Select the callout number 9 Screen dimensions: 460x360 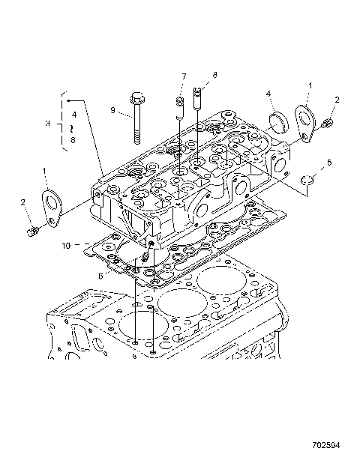114,110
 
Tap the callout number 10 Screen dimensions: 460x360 66,245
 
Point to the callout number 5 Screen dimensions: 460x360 328,162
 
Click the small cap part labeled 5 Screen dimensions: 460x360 306,180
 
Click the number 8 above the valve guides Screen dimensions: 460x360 214,75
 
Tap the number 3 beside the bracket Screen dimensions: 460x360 48,123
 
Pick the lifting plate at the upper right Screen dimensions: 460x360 304,121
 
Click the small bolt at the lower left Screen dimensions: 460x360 31,234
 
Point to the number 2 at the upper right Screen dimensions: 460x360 337,100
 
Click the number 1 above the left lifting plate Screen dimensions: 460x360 46,172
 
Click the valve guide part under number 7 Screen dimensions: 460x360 180,109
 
